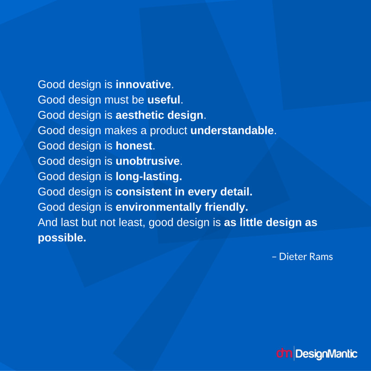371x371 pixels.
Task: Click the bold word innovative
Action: (143, 84)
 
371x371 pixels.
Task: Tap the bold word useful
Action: (164, 100)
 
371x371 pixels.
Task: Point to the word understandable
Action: (232, 130)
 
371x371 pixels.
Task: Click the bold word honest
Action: (134, 146)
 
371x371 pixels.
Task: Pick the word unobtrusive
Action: (147, 161)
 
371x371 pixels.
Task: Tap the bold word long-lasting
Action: (149, 177)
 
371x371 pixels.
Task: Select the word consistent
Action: (144, 192)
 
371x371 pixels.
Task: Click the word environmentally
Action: (158, 207)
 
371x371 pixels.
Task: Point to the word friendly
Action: (226, 207)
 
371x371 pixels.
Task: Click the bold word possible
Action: (62, 238)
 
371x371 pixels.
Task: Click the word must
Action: (116, 100)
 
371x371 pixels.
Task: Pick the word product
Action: (168, 131)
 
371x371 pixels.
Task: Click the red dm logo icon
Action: (284, 353)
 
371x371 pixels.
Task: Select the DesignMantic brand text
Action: (326, 354)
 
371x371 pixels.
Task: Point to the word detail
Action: (237, 192)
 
